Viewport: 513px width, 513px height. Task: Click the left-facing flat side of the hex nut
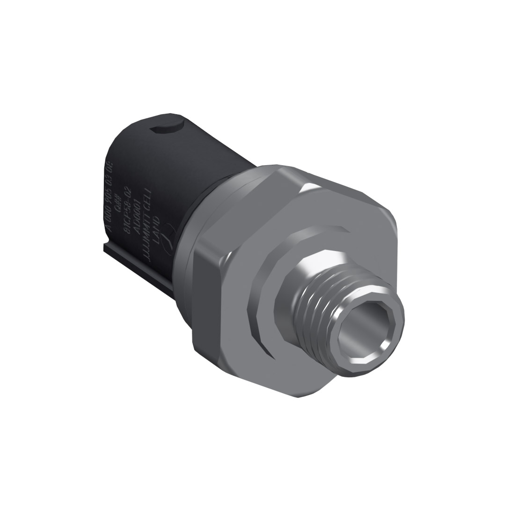(206, 300)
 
